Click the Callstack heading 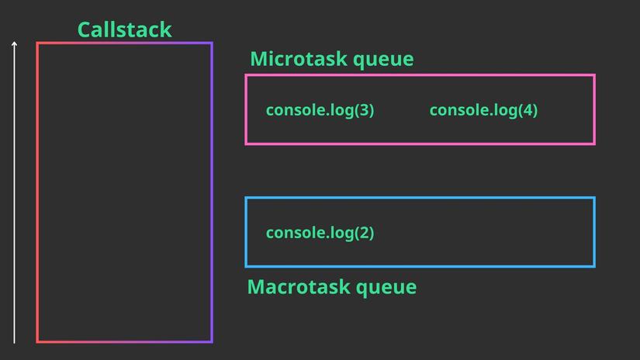[x=124, y=29]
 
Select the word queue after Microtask [x=385, y=60]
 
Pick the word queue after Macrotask [x=386, y=288]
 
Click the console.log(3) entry [x=320, y=110]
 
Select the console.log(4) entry [x=483, y=110]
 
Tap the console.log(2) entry [x=320, y=233]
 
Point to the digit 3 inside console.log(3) [x=364, y=110]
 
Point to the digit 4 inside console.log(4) [x=528, y=110]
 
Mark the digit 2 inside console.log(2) [x=364, y=233]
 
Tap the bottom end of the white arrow [x=14, y=342]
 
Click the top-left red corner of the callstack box [x=37, y=43]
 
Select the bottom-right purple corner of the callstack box [x=211, y=341]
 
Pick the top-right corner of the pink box [x=594, y=75]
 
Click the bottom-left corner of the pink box [x=246, y=144]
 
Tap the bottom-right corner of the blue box [x=594, y=266]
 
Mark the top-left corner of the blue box [x=246, y=198]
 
